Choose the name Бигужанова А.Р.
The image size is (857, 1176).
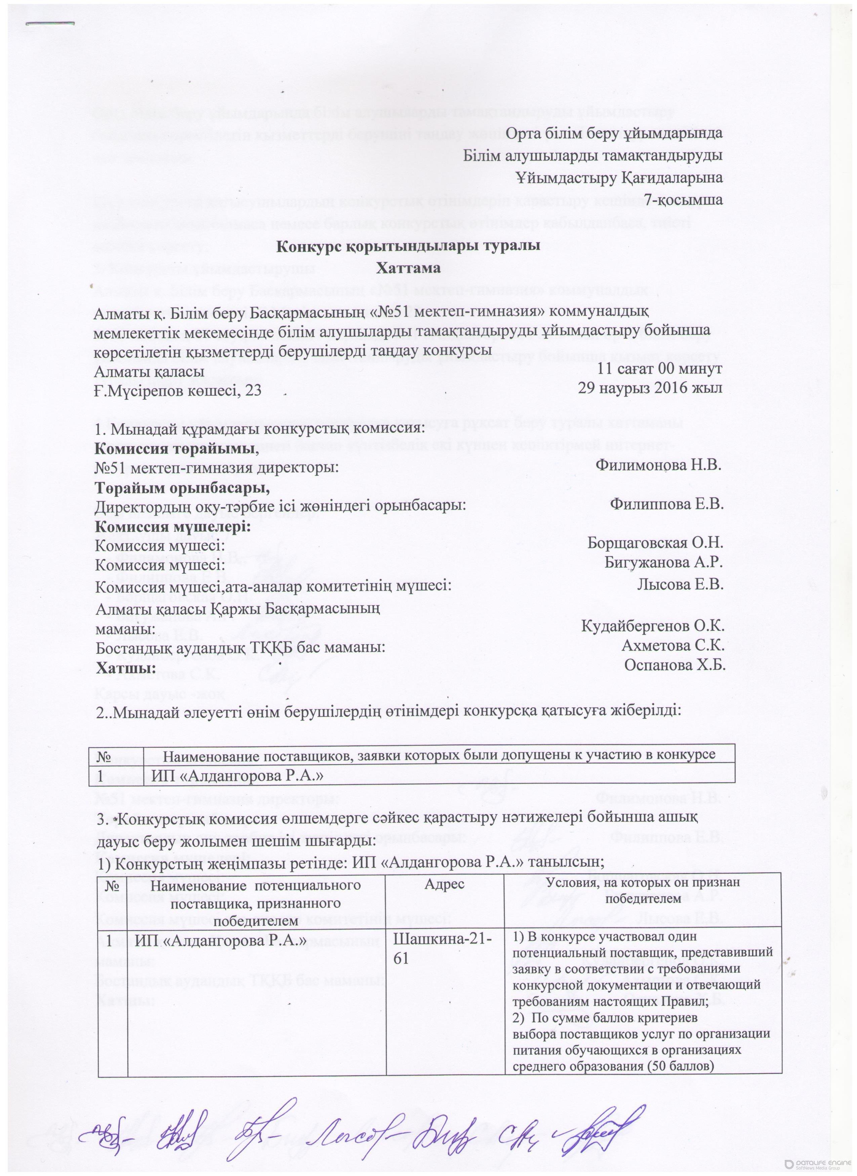tap(663, 563)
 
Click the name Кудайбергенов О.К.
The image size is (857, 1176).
tap(653, 625)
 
